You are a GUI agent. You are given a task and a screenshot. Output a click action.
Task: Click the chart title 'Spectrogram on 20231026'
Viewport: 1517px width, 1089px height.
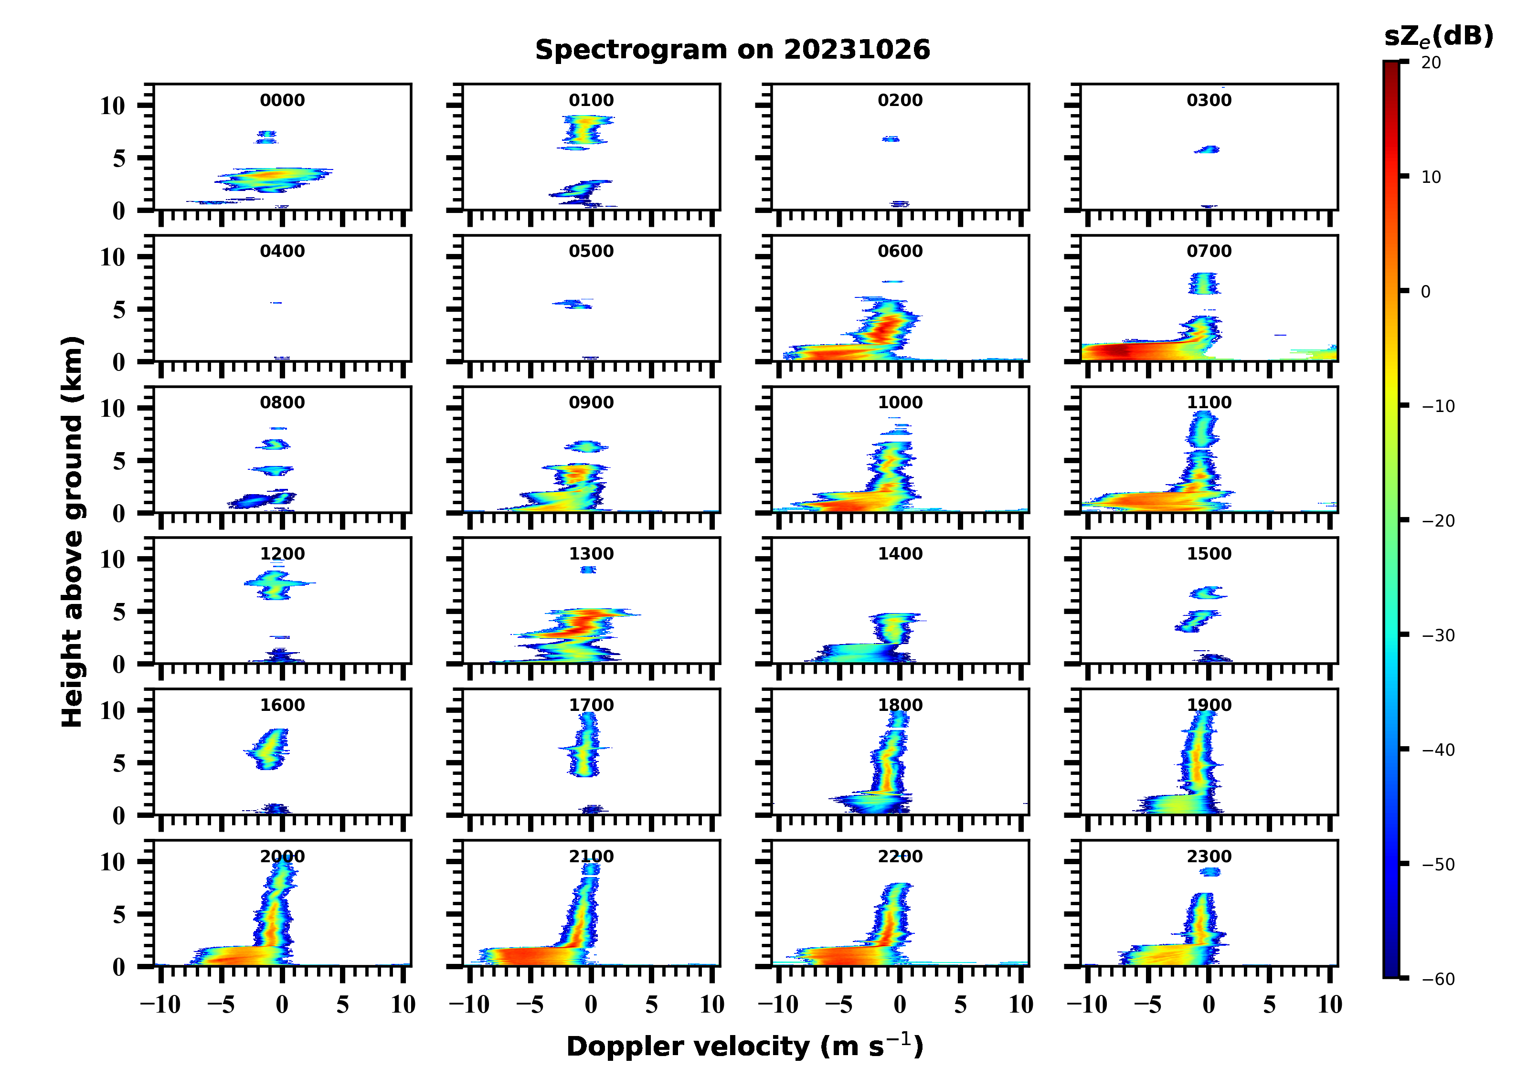tap(732, 50)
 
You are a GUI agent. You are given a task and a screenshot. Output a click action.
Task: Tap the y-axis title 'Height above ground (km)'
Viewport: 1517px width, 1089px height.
tap(72, 532)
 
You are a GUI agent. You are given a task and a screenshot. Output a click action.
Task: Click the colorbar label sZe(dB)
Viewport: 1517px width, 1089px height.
tap(1438, 37)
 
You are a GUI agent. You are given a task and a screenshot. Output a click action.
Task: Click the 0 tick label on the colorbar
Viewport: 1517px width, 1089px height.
tap(1425, 292)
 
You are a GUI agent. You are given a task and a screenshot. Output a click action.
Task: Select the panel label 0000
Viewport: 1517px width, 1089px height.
tap(282, 100)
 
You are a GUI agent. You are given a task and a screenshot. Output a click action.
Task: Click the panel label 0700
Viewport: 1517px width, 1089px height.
tap(1209, 252)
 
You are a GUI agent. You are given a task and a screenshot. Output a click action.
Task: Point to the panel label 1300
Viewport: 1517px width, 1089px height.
tap(591, 554)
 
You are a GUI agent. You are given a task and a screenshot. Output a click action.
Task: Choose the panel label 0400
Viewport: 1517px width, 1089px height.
tap(282, 252)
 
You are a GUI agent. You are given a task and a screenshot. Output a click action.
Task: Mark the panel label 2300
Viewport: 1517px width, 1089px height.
tap(1209, 856)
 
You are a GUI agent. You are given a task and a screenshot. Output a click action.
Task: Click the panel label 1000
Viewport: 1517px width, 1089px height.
tap(900, 402)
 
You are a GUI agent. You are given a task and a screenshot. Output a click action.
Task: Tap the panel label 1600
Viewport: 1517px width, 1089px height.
tap(282, 705)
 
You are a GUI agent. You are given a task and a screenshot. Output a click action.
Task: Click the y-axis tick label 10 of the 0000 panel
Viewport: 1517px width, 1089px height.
tap(112, 106)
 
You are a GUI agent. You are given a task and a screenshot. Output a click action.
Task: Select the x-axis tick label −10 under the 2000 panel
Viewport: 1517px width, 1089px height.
tap(160, 1004)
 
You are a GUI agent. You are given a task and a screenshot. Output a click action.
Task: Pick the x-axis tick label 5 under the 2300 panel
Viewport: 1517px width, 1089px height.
tap(1269, 1004)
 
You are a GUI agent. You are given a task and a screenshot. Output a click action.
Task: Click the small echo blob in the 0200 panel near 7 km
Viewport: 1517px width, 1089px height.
tap(890, 139)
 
